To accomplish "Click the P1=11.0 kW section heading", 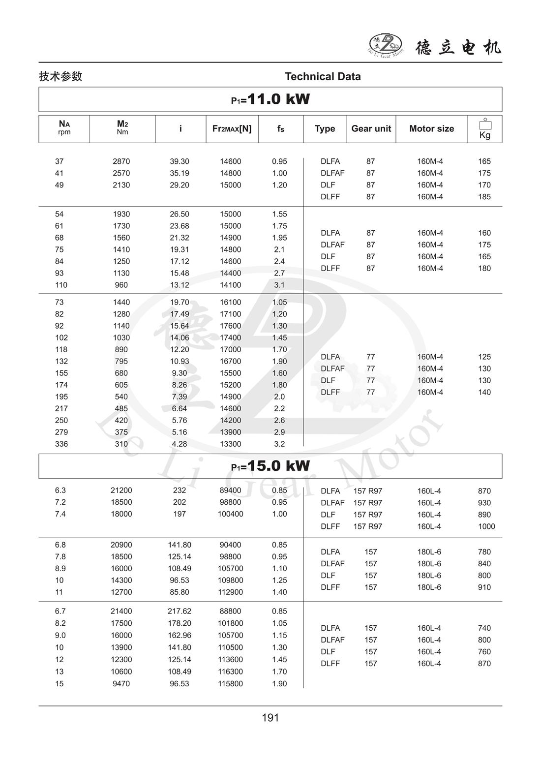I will click(270, 99).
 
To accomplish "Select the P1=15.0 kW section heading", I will click(270, 466).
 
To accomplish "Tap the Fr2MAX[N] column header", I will click(232, 129).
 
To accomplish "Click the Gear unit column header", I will click(371, 129).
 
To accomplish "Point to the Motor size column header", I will click(431, 129).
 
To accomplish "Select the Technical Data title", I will click(323, 77).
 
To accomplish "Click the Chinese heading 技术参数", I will click(60, 77).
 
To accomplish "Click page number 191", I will click(270, 718).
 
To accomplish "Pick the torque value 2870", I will click(121, 161).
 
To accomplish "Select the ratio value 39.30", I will click(180, 161).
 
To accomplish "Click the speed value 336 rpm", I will click(61, 444).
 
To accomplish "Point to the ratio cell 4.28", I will click(180, 444).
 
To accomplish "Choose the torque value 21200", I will click(121, 490).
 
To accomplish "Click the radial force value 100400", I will click(230, 514).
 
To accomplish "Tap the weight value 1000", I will click(486, 526).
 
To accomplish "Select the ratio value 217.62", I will click(180, 612).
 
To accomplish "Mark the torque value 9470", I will click(121, 684).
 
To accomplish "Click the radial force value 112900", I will click(230, 592).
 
